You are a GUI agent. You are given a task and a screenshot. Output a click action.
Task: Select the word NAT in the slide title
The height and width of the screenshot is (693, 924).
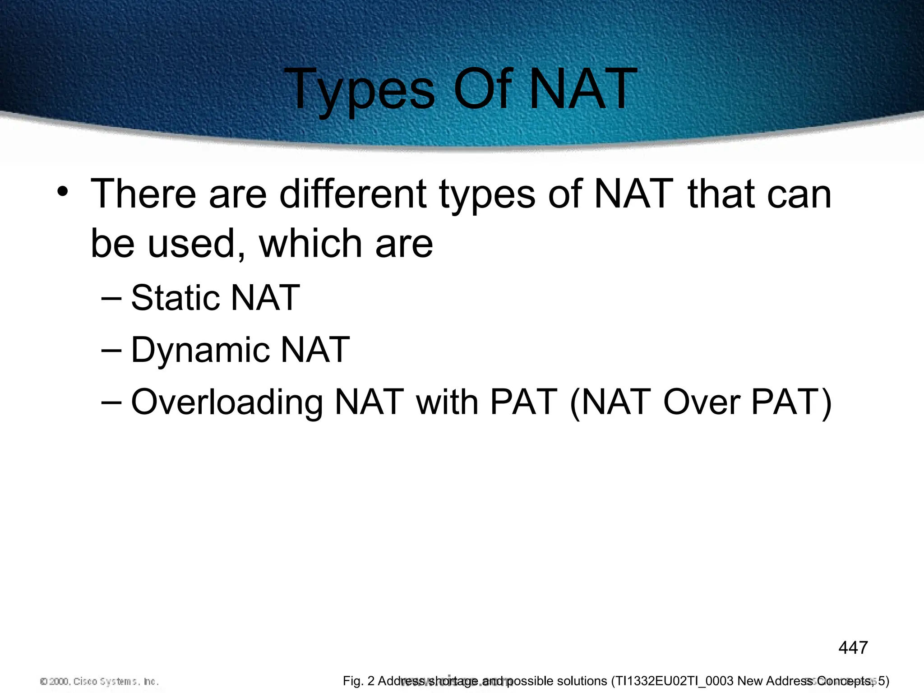582,89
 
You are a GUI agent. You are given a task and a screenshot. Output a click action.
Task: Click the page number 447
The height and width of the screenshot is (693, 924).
853,648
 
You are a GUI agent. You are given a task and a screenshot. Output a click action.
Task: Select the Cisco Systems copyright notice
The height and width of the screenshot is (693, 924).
99,681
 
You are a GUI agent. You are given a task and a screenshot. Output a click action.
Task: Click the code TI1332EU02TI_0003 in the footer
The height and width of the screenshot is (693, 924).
675,681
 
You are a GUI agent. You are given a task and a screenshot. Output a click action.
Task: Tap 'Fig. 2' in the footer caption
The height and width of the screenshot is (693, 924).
359,681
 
